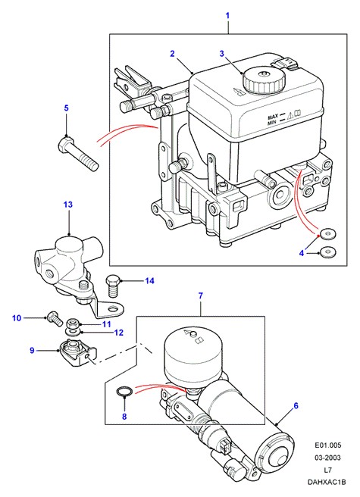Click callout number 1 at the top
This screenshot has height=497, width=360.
coord(227,15)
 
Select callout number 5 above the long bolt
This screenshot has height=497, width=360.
coord(66,108)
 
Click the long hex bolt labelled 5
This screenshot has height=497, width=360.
coord(79,154)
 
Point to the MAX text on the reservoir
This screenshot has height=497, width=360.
coord(273,117)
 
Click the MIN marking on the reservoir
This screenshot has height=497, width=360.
coord(272,122)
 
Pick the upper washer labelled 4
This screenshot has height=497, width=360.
coord(327,235)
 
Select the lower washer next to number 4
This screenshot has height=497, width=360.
coord(327,252)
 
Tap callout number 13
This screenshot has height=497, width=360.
coord(68,205)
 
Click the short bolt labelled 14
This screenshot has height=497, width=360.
coord(113,286)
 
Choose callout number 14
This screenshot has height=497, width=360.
coord(149,281)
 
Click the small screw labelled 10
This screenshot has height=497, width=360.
coord(55,318)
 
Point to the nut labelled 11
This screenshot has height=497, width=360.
coord(72,324)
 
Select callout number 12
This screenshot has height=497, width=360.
coord(118,333)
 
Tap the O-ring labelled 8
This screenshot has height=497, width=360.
coord(123,392)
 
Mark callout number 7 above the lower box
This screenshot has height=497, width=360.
coord(200,296)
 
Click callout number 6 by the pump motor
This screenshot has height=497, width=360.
coord(296,405)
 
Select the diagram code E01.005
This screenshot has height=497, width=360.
coord(328,445)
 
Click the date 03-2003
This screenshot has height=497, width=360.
coord(327,458)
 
